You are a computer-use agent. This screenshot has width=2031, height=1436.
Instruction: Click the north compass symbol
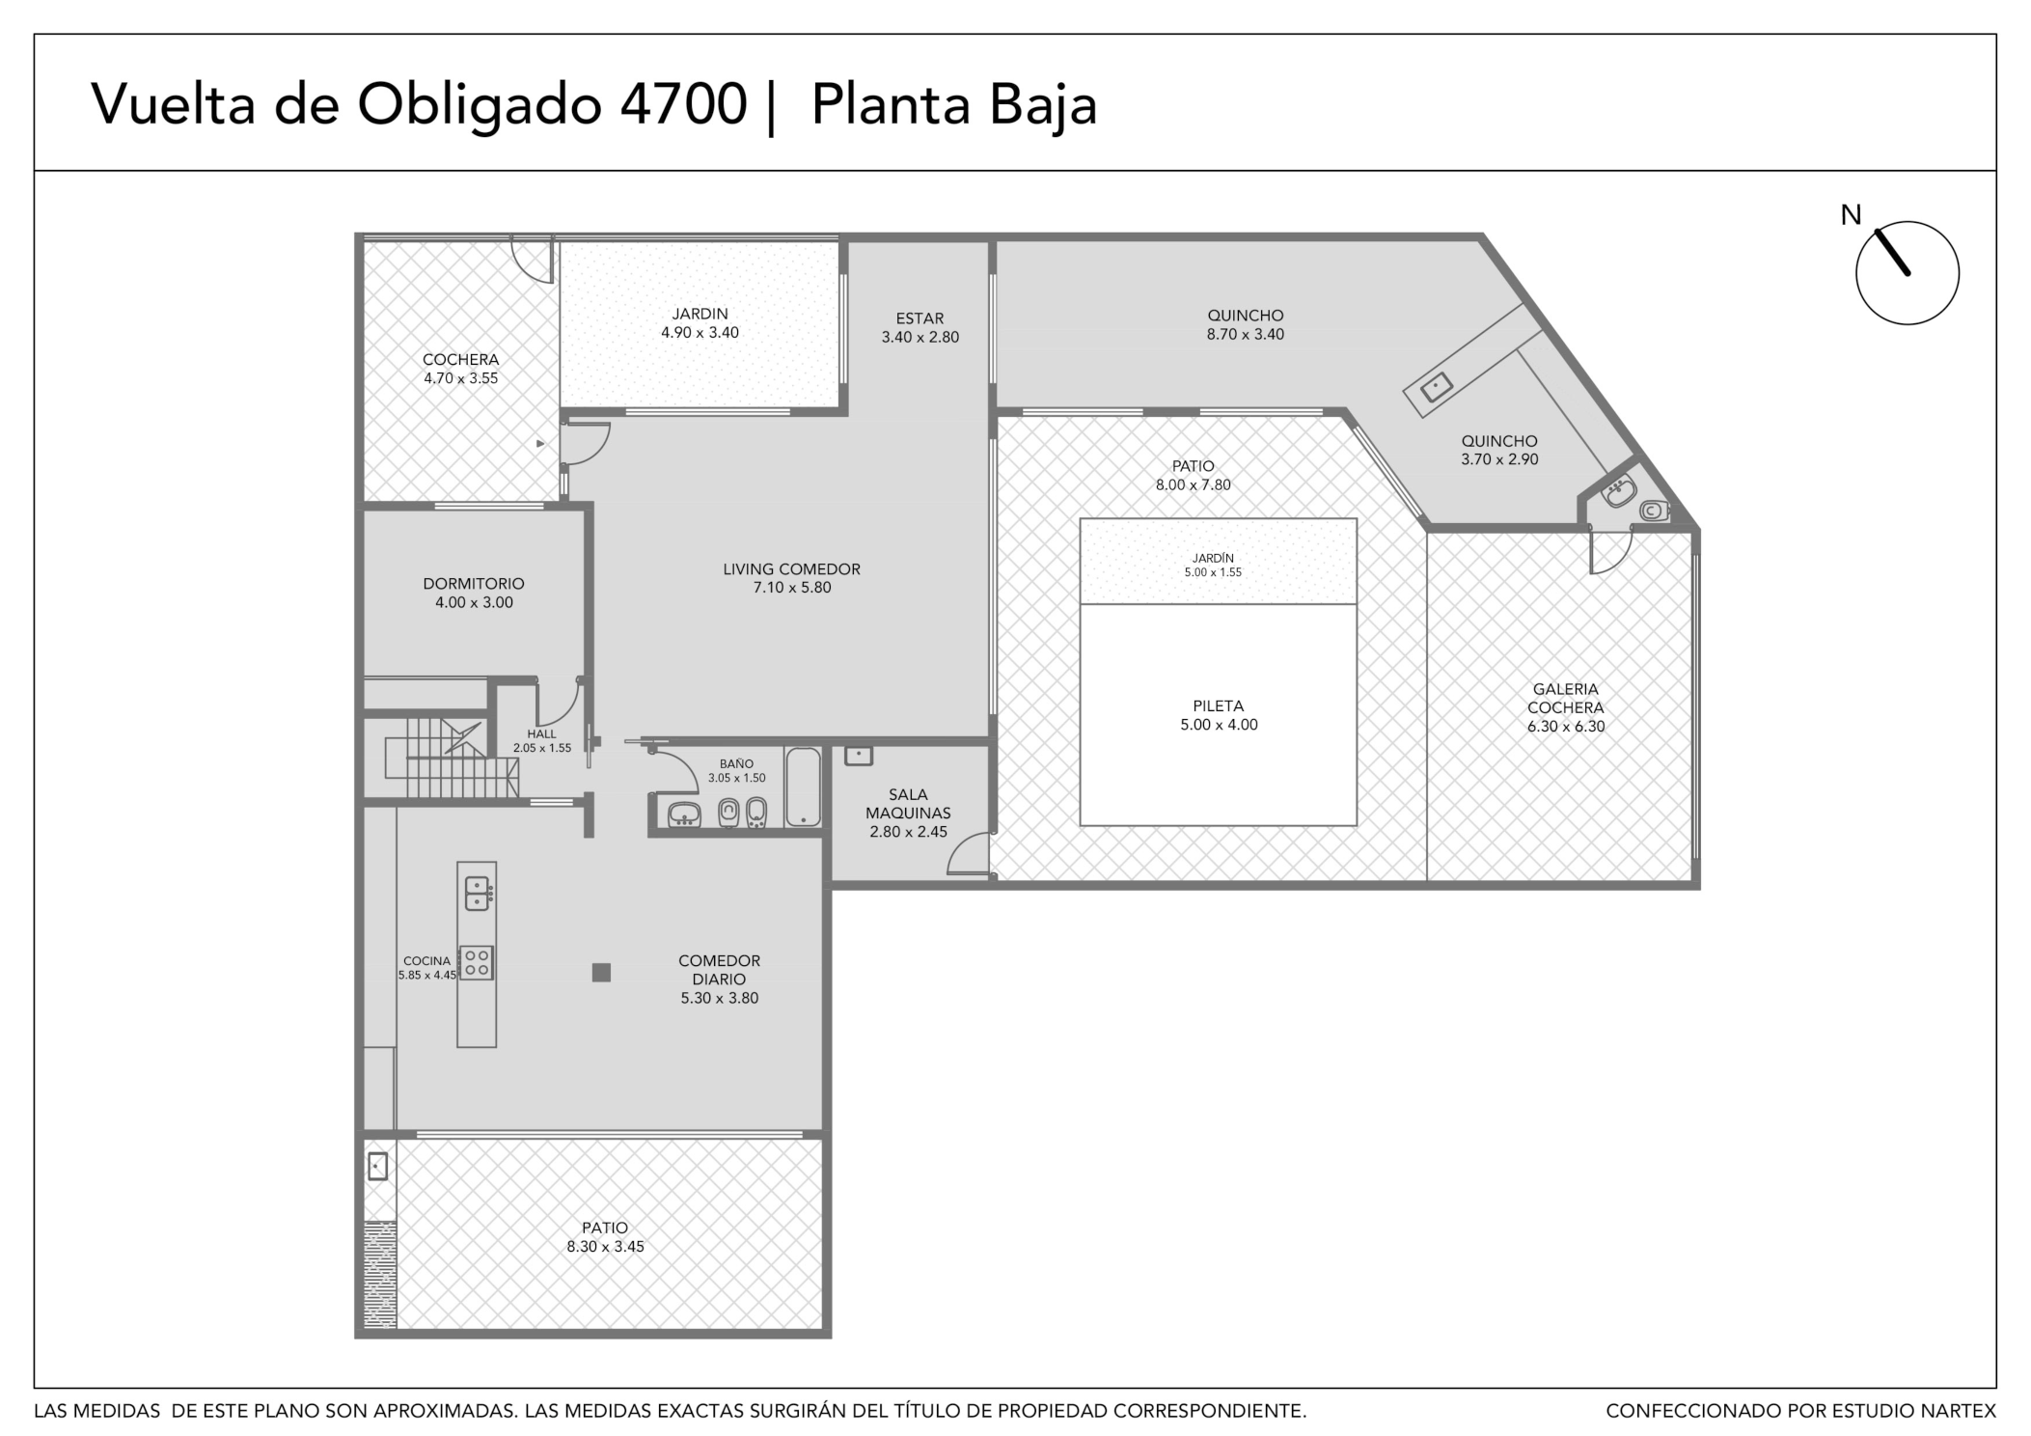pyautogui.click(x=1906, y=272)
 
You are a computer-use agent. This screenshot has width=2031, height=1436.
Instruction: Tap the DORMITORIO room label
pyautogui.click(x=474, y=584)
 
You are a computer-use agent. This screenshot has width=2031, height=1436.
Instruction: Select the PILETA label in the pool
pyautogui.click(x=1218, y=706)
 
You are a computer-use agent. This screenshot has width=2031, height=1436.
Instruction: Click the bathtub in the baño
pyautogui.click(x=803, y=787)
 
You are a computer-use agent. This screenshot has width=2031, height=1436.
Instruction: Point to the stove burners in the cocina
pyautogui.click(x=477, y=962)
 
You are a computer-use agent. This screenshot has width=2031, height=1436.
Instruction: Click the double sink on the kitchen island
pyautogui.click(x=478, y=894)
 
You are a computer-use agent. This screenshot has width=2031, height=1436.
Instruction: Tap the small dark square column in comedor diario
pyautogui.click(x=601, y=973)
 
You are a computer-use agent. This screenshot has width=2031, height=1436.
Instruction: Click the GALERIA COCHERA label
pyautogui.click(x=1565, y=698)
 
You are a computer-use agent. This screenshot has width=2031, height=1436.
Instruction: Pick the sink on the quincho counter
pyautogui.click(x=1437, y=388)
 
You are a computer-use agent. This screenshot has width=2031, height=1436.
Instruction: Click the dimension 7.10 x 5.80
pyautogui.click(x=791, y=588)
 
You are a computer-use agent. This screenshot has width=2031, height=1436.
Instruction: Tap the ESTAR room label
pyautogui.click(x=919, y=318)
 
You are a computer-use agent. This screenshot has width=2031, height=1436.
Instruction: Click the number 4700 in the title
pyautogui.click(x=683, y=104)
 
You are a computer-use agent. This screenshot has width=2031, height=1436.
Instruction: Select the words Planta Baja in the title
pyautogui.click(x=953, y=104)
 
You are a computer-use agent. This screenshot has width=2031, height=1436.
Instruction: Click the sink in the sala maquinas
pyautogui.click(x=858, y=755)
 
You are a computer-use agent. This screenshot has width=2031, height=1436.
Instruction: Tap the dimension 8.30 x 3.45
pyautogui.click(x=605, y=1247)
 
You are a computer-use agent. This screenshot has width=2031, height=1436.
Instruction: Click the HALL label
pyautogui.click(x=541, y=734)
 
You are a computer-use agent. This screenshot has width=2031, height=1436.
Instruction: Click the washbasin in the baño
pyautogui.click(x=684, y=815)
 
